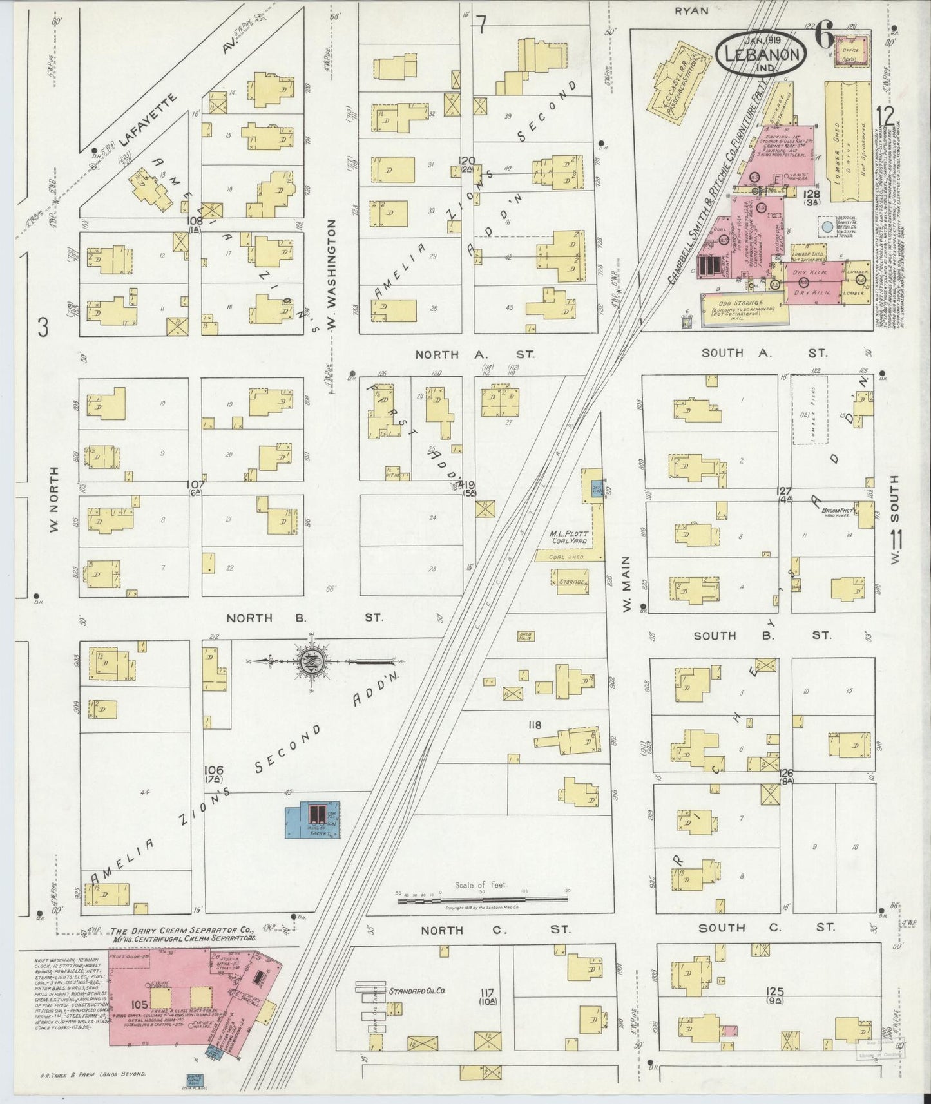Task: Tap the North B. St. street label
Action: point(304,618)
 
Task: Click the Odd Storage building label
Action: point(742,303)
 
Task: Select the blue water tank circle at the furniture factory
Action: point(826,227)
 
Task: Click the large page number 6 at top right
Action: point(824,33)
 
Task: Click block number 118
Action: point(534,725)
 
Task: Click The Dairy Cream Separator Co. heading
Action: point(184,931)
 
